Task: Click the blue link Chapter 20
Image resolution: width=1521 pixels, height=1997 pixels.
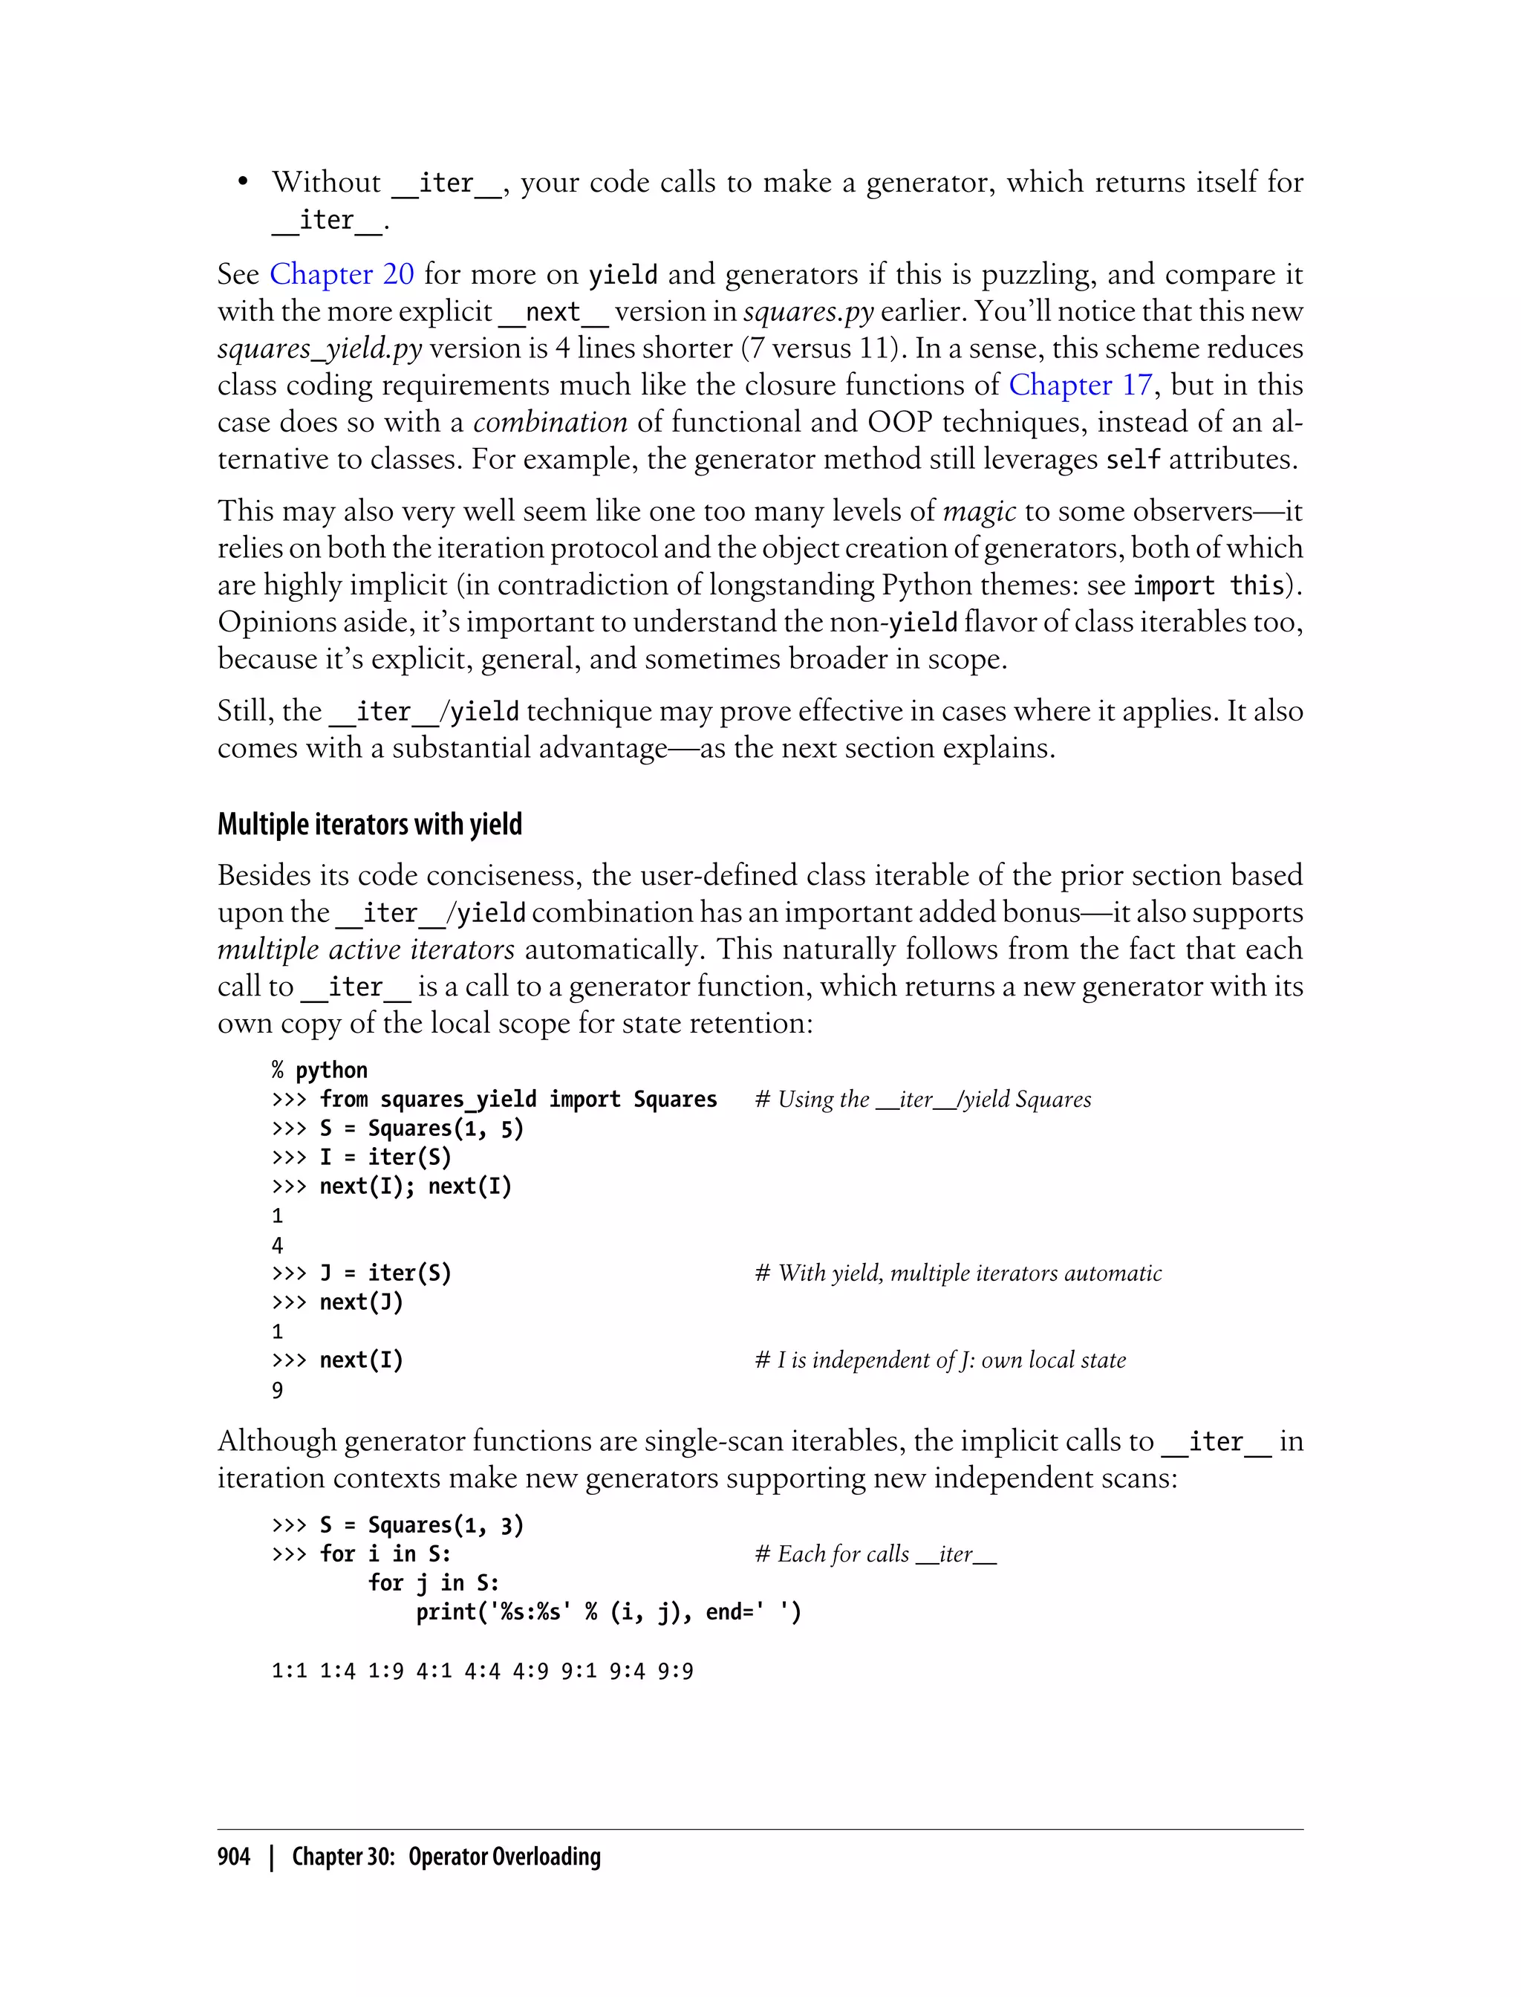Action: click(342, 274)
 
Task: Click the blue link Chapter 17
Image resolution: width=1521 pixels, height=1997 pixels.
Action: click(1079, 385)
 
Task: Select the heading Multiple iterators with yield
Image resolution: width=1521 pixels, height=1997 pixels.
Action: click(369, 824)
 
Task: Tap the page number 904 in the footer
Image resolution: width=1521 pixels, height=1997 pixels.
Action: click(234, 1856)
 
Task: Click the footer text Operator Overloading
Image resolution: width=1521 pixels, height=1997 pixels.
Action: click(504, 1856)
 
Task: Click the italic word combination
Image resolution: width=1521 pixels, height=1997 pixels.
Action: click(550, 422)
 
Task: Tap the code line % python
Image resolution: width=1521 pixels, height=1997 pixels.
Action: click(319, 1070)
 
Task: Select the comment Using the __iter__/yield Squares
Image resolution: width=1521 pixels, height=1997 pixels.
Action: click(923, 1100)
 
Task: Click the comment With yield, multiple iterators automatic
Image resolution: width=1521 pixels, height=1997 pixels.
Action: click(959, 1273)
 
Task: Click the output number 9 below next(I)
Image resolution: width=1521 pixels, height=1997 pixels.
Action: click(278, 1390)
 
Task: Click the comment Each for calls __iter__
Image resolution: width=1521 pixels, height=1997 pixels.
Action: click(876, 1554)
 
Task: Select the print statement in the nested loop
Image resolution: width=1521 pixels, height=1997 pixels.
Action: click(608, 1612)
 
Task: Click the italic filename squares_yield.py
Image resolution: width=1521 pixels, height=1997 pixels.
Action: click(319, 348)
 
